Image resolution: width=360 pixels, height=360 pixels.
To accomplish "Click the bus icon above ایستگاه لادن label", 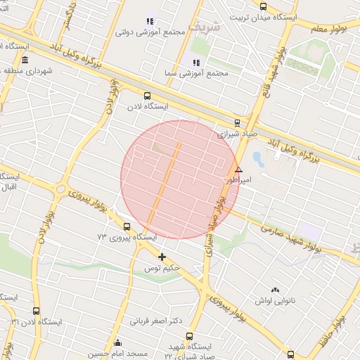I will coord(147,96).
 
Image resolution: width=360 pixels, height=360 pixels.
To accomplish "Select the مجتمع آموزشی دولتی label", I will coord(150,32).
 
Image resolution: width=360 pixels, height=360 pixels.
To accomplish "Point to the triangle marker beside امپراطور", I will coord(238,169).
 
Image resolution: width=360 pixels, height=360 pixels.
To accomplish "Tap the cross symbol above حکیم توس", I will coord(162,257).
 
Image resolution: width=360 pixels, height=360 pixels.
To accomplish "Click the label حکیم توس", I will coord(162,269).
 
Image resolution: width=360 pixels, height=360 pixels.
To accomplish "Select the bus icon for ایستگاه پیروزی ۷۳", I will coord(127,226).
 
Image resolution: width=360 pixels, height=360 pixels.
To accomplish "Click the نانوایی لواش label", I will coord(274,301).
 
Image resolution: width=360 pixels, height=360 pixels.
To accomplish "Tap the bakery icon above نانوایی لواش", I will coord(274,290).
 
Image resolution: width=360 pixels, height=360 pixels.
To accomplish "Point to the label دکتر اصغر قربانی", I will coord(156,321).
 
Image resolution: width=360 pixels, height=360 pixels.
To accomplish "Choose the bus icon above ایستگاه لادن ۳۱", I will coord(36,310).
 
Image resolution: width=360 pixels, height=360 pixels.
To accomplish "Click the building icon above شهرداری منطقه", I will coord(25,60).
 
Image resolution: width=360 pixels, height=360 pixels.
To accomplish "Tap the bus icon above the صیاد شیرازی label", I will coord(236,122).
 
